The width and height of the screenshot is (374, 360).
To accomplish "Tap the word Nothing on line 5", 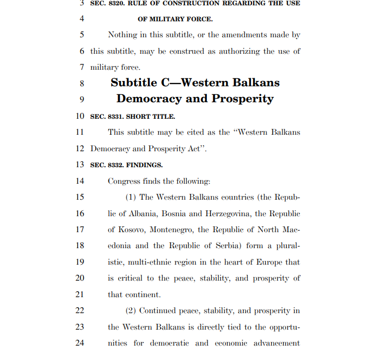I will point(122,35).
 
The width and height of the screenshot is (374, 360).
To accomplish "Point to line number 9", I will point(81,99).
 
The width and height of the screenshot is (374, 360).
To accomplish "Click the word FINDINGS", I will point(144,165).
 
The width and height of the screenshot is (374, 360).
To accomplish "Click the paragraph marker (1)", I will point(131,198).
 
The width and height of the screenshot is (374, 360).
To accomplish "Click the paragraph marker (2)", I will point(131,311).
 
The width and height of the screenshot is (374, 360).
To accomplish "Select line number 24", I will point(80,343).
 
